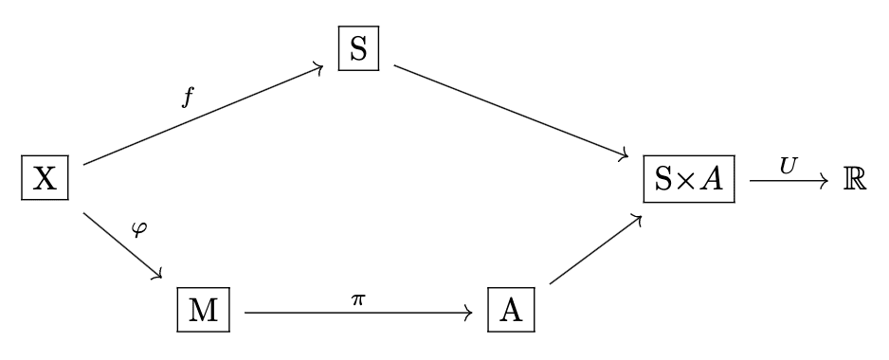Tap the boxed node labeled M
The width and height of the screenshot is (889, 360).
pos(204,310)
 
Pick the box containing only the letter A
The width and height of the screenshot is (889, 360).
pos(511,310)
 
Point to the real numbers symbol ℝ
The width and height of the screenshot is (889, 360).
pos(855,179)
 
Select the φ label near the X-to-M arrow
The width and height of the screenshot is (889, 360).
pos(143,230)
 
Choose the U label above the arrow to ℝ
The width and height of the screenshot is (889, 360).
pos(788,163)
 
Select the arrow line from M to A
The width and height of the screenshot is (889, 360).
pos(358,310)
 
